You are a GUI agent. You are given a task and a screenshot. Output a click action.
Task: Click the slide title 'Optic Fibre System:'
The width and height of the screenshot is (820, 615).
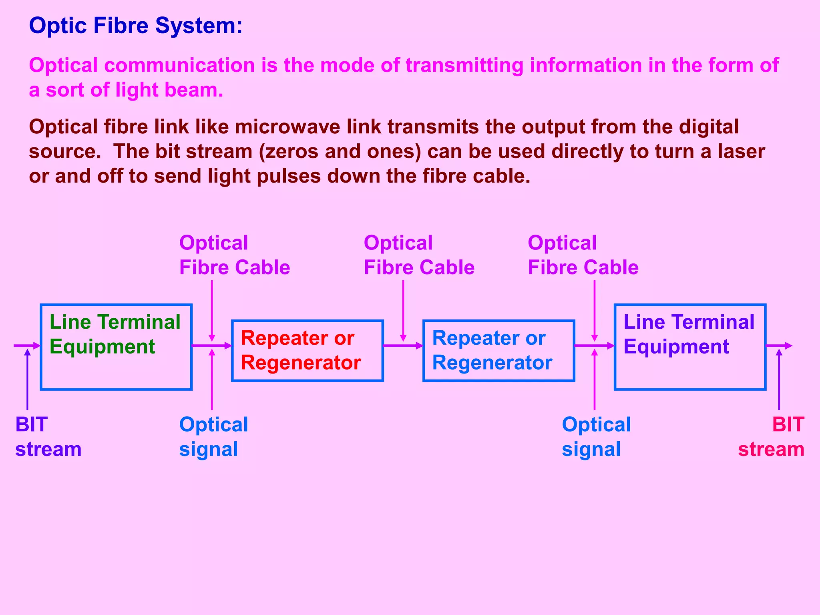click(x=136, y=26)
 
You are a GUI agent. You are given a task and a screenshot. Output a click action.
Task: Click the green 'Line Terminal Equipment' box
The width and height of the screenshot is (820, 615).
click(x=116, y=347)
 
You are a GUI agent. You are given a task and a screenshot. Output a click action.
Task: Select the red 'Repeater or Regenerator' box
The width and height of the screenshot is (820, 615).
click(x=307, y=350)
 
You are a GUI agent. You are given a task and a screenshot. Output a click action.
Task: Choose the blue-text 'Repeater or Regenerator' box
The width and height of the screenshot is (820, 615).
click(x=498, y=350)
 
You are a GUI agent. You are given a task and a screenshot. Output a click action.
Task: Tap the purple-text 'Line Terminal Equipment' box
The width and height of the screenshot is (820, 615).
click(x=690, y=347)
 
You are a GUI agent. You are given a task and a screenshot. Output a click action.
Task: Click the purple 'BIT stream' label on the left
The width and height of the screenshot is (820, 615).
click(x=48, y=437)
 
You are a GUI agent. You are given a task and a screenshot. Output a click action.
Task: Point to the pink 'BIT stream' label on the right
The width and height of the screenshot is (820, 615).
click(x=772, y=437)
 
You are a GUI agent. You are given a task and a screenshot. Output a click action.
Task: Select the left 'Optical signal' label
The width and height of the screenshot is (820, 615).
click(x=213, y=437)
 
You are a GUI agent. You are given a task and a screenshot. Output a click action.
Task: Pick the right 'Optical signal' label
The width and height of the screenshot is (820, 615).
click(x=596, y=437)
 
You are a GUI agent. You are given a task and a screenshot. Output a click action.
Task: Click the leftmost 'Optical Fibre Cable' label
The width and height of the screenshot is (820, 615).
click(x=234, y=255)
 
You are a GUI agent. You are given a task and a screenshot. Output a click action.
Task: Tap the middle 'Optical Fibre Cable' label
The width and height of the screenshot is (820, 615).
click(x=419, y=255)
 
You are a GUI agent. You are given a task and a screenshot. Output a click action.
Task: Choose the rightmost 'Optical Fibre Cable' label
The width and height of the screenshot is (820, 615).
click(x=583, y=255)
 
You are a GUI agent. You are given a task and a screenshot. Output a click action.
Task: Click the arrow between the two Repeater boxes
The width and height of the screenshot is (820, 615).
click(x=403, y=346)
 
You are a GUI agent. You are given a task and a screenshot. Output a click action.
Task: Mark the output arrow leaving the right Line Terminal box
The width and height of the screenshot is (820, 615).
click(x=779, y=346)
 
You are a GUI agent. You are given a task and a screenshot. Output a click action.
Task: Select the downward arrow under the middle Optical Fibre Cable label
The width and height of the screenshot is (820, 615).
click(x=403, y=310)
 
